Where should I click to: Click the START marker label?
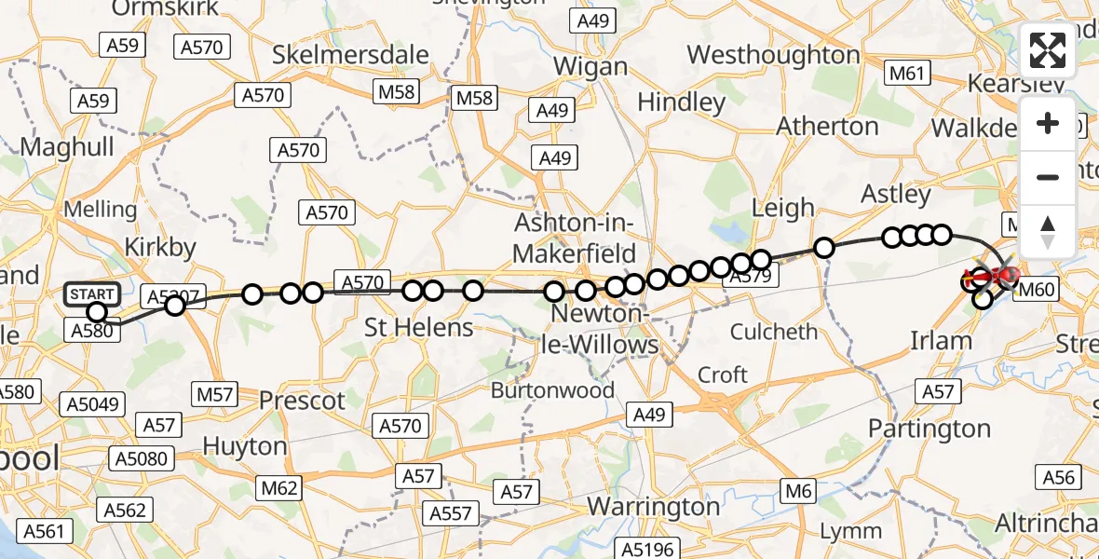point(92,293)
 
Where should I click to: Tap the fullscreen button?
point(1048,51)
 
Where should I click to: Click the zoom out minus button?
point(1048,177)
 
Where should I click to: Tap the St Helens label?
point(418,327)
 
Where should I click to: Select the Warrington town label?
point(653,507)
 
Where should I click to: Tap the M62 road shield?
point(278,487)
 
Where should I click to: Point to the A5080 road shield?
point(141,458)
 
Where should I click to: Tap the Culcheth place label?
point(774,332)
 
